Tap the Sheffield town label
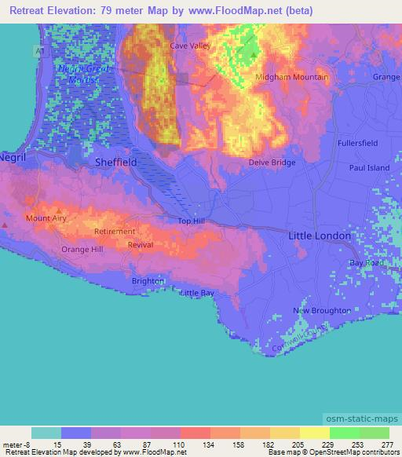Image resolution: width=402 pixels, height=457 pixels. pos(115,162)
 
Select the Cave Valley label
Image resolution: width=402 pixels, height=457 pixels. pos(191,46)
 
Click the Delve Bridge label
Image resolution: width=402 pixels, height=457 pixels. pos(272,163)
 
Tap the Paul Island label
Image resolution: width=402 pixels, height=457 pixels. pos(369,168)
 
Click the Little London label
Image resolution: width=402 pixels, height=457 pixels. pos(320,236)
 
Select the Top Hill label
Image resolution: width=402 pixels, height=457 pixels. pos(191,221)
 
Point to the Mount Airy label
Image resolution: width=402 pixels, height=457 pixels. pos(44,218)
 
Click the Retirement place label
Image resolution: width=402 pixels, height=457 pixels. pos(115,232)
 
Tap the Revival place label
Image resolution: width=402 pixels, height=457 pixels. pos(140,245)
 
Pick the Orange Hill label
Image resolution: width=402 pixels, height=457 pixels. pos(82,249)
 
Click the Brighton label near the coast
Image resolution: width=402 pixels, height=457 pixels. pos(148,280)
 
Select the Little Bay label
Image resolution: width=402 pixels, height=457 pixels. pos(197,293)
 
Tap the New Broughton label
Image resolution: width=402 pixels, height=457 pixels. pos(322,311)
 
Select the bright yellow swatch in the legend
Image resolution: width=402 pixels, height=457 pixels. pos(314,433)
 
